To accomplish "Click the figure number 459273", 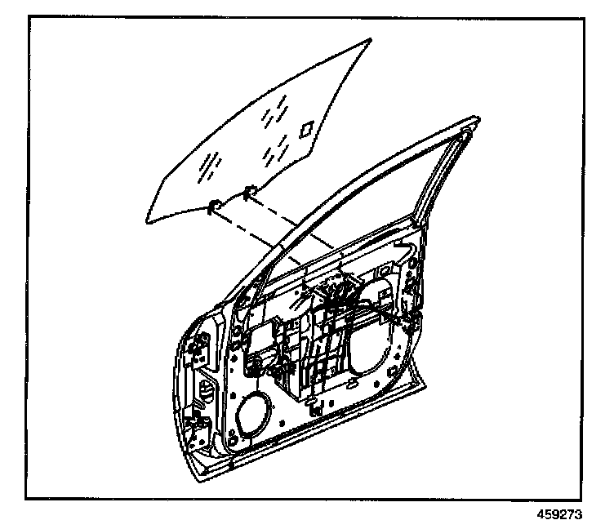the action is click(x=572, y=515).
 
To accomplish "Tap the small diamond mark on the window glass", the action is click(x=308, y=128).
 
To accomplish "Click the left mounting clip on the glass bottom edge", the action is click(x=215, y=205).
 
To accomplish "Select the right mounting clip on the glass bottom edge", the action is click(x=250, y=193).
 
